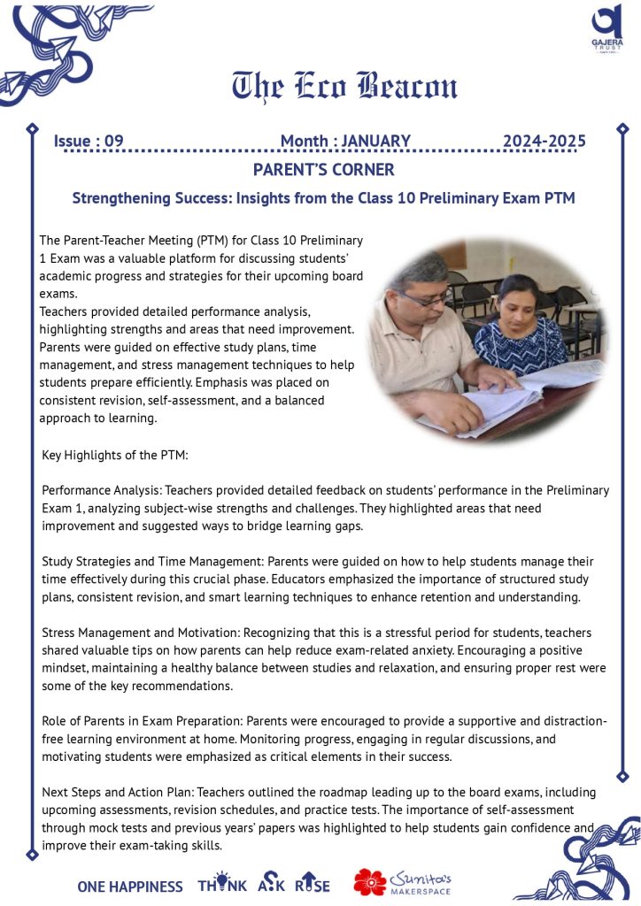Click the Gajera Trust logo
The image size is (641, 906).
click(x=607, y=30)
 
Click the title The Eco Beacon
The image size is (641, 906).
click(x=345, y=86)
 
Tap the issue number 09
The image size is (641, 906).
click(x=114, y=141)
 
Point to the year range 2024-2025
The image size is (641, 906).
click(x=544, y=141)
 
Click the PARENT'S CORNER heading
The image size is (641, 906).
click(x=323, y=169)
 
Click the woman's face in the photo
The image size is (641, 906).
click(x=518, y=302)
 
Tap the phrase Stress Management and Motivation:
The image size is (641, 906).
click(x=148, y=633)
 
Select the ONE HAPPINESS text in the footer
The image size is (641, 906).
click(x=130, y=886)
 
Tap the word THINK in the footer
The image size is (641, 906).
click(x=222, y=885)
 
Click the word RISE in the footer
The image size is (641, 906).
click(x=313, y=885)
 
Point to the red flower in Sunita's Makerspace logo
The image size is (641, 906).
click(x=370, y=881)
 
